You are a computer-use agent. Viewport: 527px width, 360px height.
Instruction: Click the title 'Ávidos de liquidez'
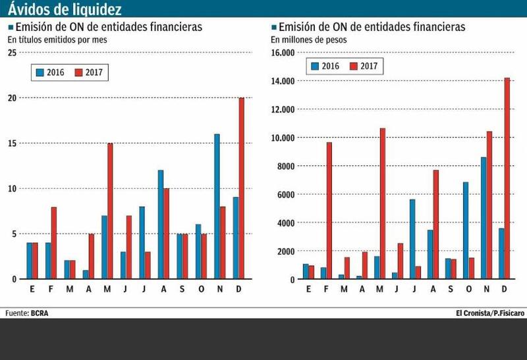pyautogui.click(x=64, y=9)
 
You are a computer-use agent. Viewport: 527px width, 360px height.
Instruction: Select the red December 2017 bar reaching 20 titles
pyautogui.click(x=242, y=188)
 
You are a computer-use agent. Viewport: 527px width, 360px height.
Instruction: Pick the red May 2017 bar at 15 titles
pyautogui.click(x=110, y=211)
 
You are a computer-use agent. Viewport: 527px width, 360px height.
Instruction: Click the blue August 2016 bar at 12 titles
pyautogui.click(x=160, y=224)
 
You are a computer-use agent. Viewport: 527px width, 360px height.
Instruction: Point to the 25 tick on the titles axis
pyautogui.click(x=12, y=52)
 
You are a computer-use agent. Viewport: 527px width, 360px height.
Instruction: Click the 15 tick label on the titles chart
pyautogui.click(x=12, y=143)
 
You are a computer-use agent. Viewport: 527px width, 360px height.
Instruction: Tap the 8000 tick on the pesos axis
pyautogui.click(x=285, y=166)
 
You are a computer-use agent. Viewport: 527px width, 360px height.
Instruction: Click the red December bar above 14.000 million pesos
pyautogui.click(x=507, y=178)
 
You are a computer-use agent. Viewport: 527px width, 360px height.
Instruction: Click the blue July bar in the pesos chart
pyautogui.click(x=412, y=239)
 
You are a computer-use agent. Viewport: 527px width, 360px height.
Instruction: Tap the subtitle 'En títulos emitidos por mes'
pyautogui.click(x=57, y=39)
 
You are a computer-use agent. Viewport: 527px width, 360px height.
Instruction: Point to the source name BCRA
pyautogui.click(x=40, y=313)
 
